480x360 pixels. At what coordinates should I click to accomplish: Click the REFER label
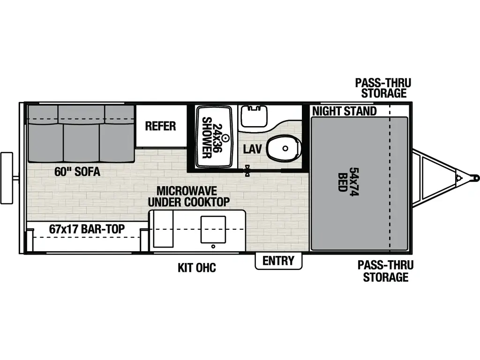click(x=160, y=126)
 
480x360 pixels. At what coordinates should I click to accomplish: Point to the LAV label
click(x=252, y=149)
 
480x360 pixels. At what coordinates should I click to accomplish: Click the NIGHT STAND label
click(x=345, y=111)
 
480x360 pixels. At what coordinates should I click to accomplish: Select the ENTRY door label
click(x=278, y=261)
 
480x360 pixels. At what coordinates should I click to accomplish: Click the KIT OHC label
click(x=197, y=268)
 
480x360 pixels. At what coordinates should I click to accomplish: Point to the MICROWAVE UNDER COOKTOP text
click(x=188, y=196)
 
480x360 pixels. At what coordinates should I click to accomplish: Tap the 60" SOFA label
click(x=77, y=172)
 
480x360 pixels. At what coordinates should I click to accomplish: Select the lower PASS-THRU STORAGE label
click(x=383, y=270)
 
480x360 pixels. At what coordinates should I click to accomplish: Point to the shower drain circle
click(x=225, y=138)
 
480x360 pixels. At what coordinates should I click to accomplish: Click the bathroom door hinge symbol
click(x=247, y=171)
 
